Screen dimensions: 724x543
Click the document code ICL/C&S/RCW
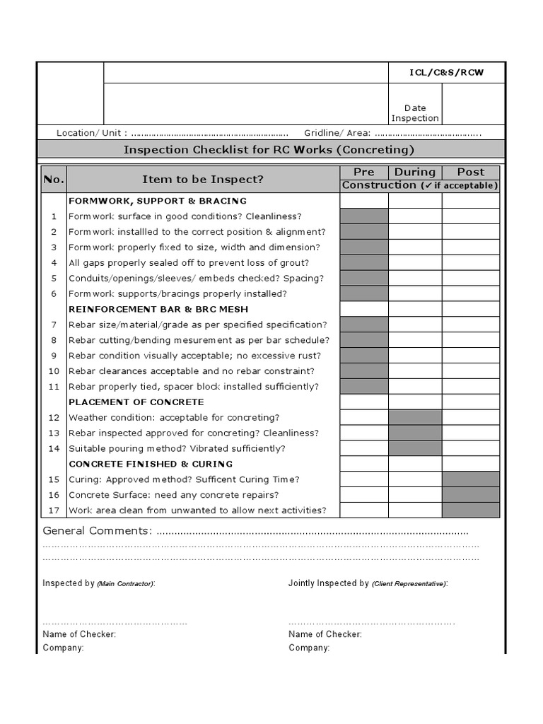[447, 74]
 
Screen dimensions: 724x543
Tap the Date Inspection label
[415, 113]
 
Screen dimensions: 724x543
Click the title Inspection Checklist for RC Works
[269, 150]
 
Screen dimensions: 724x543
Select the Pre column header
[364, 172]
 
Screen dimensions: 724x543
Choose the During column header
[415, 172]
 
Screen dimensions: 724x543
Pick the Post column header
[471, 172]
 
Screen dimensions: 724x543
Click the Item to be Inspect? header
[203, 180]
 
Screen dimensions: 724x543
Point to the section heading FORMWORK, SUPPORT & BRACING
[158, 201]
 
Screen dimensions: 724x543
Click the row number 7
[53, 325]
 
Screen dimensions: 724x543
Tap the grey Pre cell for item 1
[364, 216]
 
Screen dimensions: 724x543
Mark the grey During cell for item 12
[415, 417]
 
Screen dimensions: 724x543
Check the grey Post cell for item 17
[471, 510]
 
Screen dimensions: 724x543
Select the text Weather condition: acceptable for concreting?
[174, 417]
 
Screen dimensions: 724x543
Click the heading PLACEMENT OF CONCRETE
[136, 402]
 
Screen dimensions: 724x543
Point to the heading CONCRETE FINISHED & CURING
[151, 464]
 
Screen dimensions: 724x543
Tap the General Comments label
[97, 531]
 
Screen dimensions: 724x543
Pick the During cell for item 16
[415, 494]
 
